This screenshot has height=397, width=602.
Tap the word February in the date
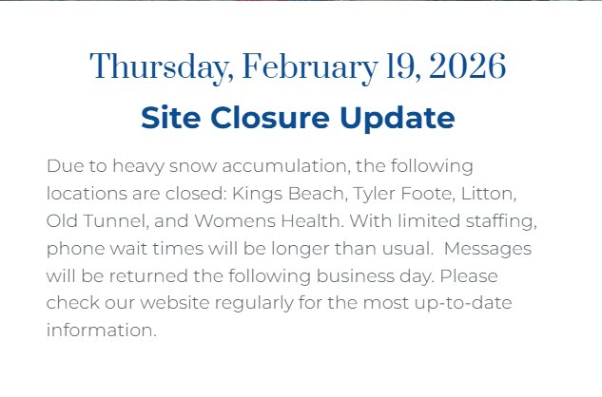310,67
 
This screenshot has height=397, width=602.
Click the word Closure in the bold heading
269,117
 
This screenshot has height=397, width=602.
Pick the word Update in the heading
398,118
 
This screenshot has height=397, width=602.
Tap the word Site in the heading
170,117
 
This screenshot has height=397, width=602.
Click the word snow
193,166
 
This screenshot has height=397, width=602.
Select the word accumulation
286,166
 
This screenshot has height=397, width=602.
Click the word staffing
501,221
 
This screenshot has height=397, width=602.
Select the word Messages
488,249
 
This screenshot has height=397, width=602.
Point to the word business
355,275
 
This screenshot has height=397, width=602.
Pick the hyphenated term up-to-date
463,303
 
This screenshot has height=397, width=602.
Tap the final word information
102,330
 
